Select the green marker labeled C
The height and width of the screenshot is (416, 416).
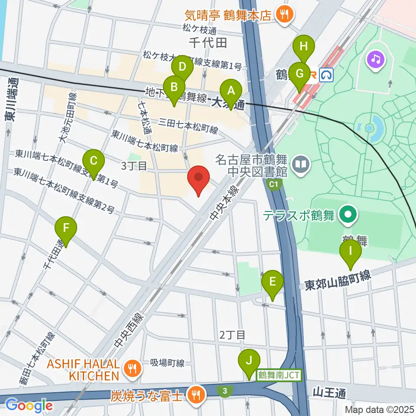[93, 161]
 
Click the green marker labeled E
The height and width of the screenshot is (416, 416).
[273, 282]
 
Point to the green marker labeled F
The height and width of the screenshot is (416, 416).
[66, 228]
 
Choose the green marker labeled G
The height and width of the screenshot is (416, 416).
[299, 74]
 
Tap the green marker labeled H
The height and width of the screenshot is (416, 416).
[304, 46]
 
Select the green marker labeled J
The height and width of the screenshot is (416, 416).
[249, 361]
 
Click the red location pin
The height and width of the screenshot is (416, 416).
[198, 178]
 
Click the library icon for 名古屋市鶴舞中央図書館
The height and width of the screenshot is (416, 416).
[300, 164]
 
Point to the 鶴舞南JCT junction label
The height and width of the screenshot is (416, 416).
[279, 375]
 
